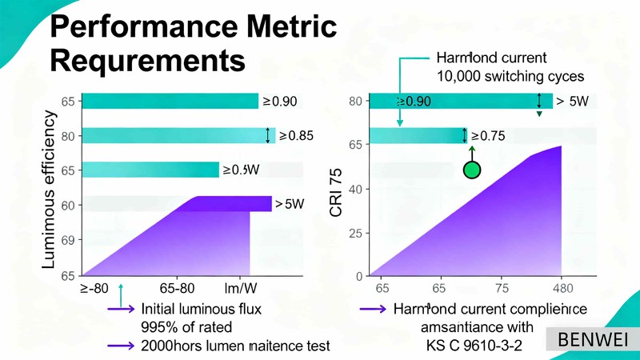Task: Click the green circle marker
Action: (x=472, y=170)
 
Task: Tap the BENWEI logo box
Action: (x=593, y=339)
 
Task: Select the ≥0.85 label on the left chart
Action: (x=295, y=136)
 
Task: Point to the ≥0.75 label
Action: (x=488, y=136)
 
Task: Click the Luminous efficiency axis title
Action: (x=49, y=188)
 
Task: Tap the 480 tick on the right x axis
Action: (x=562, y=289)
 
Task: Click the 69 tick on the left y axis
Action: (x=68, y=240)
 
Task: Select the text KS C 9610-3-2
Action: (x=474, y=346)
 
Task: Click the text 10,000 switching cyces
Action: (x=510, y=77)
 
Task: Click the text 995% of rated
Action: (x=186, y=326)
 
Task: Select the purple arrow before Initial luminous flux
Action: (x=121, y=309)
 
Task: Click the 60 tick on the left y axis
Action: (x=68, y=205)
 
